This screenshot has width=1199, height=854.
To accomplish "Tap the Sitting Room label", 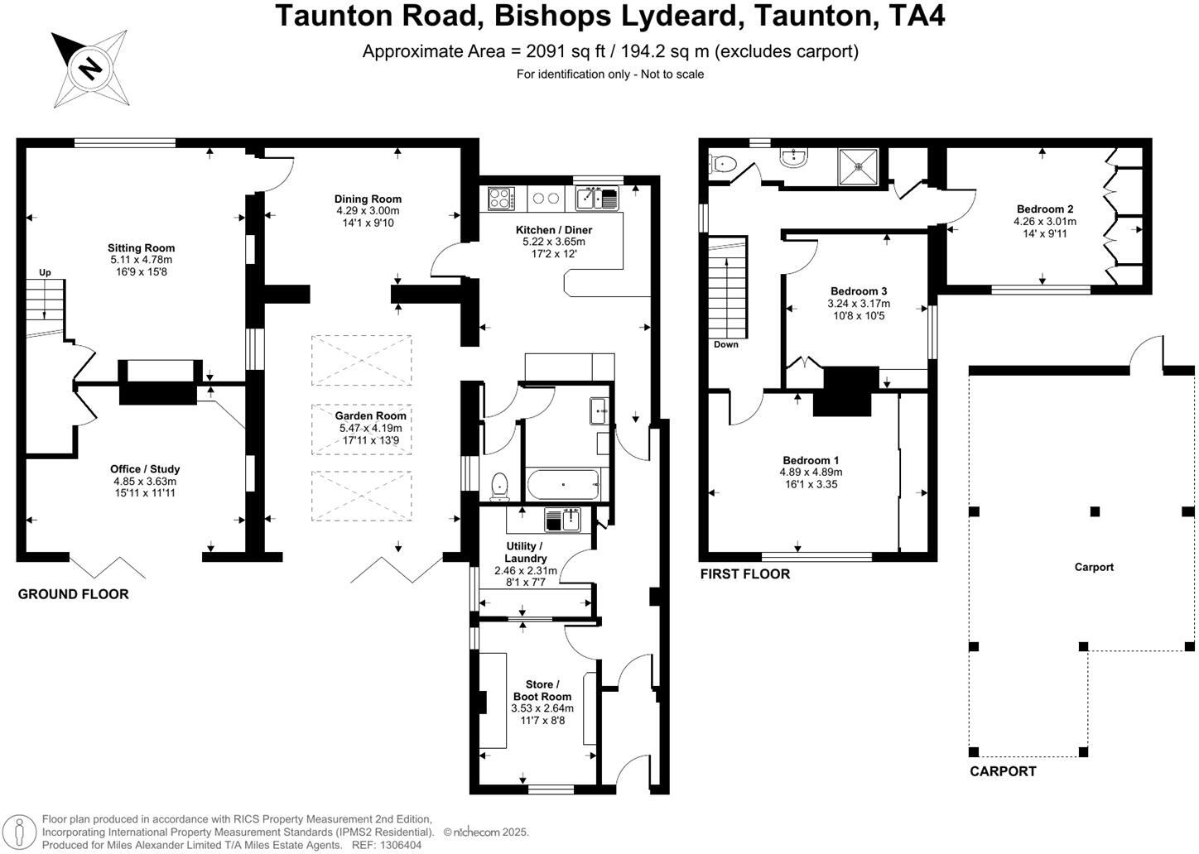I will pyautogui.click(x=141, y=247).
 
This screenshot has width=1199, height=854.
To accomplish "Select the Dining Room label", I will pyautogui.click(x=368, y=199).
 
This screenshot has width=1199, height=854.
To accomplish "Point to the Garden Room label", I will pyautogui.click(x=370, y=416).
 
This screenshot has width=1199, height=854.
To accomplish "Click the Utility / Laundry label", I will pyautogui.click(x=525, y=552).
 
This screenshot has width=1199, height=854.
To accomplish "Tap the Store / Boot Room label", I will pyautogui.click(x=542, y=690).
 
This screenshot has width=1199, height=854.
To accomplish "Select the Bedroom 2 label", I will pyautogui.click(x=1045, y=209).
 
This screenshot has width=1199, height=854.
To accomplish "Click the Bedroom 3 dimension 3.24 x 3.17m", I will pyautogui.click(x=859, y=304).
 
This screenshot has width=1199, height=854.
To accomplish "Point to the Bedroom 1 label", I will pyautogui.click(x=811, y=460).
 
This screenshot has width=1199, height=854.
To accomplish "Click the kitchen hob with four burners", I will pyautogui.click(x=500, y=199).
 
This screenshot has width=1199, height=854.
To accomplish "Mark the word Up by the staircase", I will pyautogui.click(x=45, y=272).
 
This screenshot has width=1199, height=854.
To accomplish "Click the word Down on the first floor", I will pyautogui.click(x=726, y=344).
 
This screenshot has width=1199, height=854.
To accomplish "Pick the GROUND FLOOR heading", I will pyautogui.click(x=73, y=594).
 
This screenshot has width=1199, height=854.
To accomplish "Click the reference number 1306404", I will pyautogui.click(x=401, y=845).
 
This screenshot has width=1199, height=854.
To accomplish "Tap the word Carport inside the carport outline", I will pyautogui.click(x=1094, y=567).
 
